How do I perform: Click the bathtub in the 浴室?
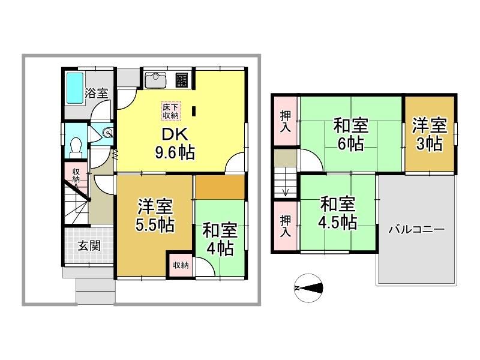75,88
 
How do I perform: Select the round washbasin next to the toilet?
107,133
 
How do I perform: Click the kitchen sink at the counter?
155,80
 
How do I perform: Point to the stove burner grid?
182,80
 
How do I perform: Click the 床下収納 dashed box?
170,111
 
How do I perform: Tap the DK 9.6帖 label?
175,143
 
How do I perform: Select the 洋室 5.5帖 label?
155,215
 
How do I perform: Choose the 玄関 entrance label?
89,245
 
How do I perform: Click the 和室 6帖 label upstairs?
351,134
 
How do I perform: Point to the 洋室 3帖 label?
429,134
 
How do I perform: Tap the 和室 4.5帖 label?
338,213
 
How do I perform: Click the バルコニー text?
416,230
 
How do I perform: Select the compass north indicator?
308,288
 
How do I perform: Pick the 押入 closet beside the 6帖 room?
286,121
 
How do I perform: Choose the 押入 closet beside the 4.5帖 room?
286,226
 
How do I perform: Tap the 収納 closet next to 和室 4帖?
181,265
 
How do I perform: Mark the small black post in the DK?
194,111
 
